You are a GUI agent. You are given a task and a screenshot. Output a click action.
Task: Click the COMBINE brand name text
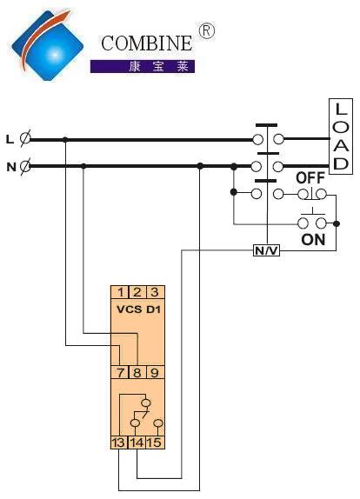click(147, 43)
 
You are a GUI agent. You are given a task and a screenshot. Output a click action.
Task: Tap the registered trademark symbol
click(207, 31)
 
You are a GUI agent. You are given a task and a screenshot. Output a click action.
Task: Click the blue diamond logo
click(48, 45)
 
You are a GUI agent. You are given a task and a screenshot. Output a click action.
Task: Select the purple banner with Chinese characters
click(143, 67)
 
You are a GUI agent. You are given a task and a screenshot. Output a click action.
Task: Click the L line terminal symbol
click(25, 139)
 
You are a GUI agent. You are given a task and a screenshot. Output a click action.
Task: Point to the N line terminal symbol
click(25, 166)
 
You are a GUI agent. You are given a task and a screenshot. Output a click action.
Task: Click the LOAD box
click(341, 136)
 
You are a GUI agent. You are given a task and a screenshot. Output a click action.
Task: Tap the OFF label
click(310, 178)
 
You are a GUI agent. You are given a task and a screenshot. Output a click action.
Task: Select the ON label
click(313, 240)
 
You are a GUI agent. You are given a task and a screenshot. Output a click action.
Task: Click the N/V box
click(267, 250)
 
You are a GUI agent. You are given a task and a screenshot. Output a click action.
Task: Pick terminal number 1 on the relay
click(120, 292)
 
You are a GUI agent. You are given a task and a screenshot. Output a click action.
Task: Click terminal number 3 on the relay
click(155, 292)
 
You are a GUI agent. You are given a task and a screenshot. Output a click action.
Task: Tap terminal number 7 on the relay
click(120, 372)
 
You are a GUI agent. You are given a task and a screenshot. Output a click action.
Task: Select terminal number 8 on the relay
click(137, 372)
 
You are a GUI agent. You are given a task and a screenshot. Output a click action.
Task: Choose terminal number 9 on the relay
click(155, 372)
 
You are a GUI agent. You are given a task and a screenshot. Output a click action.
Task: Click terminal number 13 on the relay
click(119, 442)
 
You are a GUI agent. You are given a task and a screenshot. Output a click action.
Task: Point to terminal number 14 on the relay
click(137, 442)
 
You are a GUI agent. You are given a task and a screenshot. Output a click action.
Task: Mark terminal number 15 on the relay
click(155, 442)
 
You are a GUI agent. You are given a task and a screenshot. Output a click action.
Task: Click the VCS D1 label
click(139, 309)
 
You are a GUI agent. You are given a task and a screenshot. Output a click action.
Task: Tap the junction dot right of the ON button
click(337, 223)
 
